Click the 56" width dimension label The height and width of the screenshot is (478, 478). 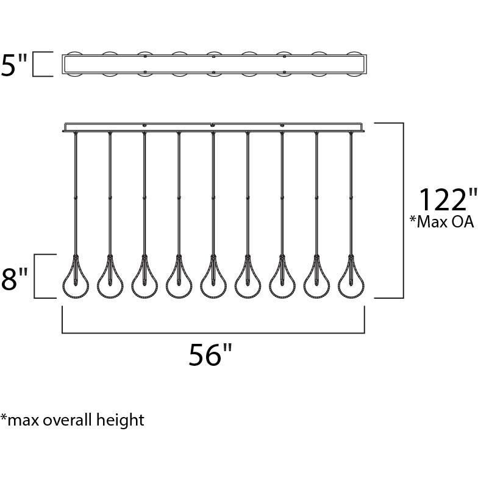point(211,355)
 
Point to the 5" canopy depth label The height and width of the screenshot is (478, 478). point(15,65)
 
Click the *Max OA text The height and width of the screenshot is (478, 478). point(441,222)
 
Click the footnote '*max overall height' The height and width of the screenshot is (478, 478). point(73,420)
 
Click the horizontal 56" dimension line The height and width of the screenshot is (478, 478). point(213,333)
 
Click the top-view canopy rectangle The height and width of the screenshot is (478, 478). point(213,65)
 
